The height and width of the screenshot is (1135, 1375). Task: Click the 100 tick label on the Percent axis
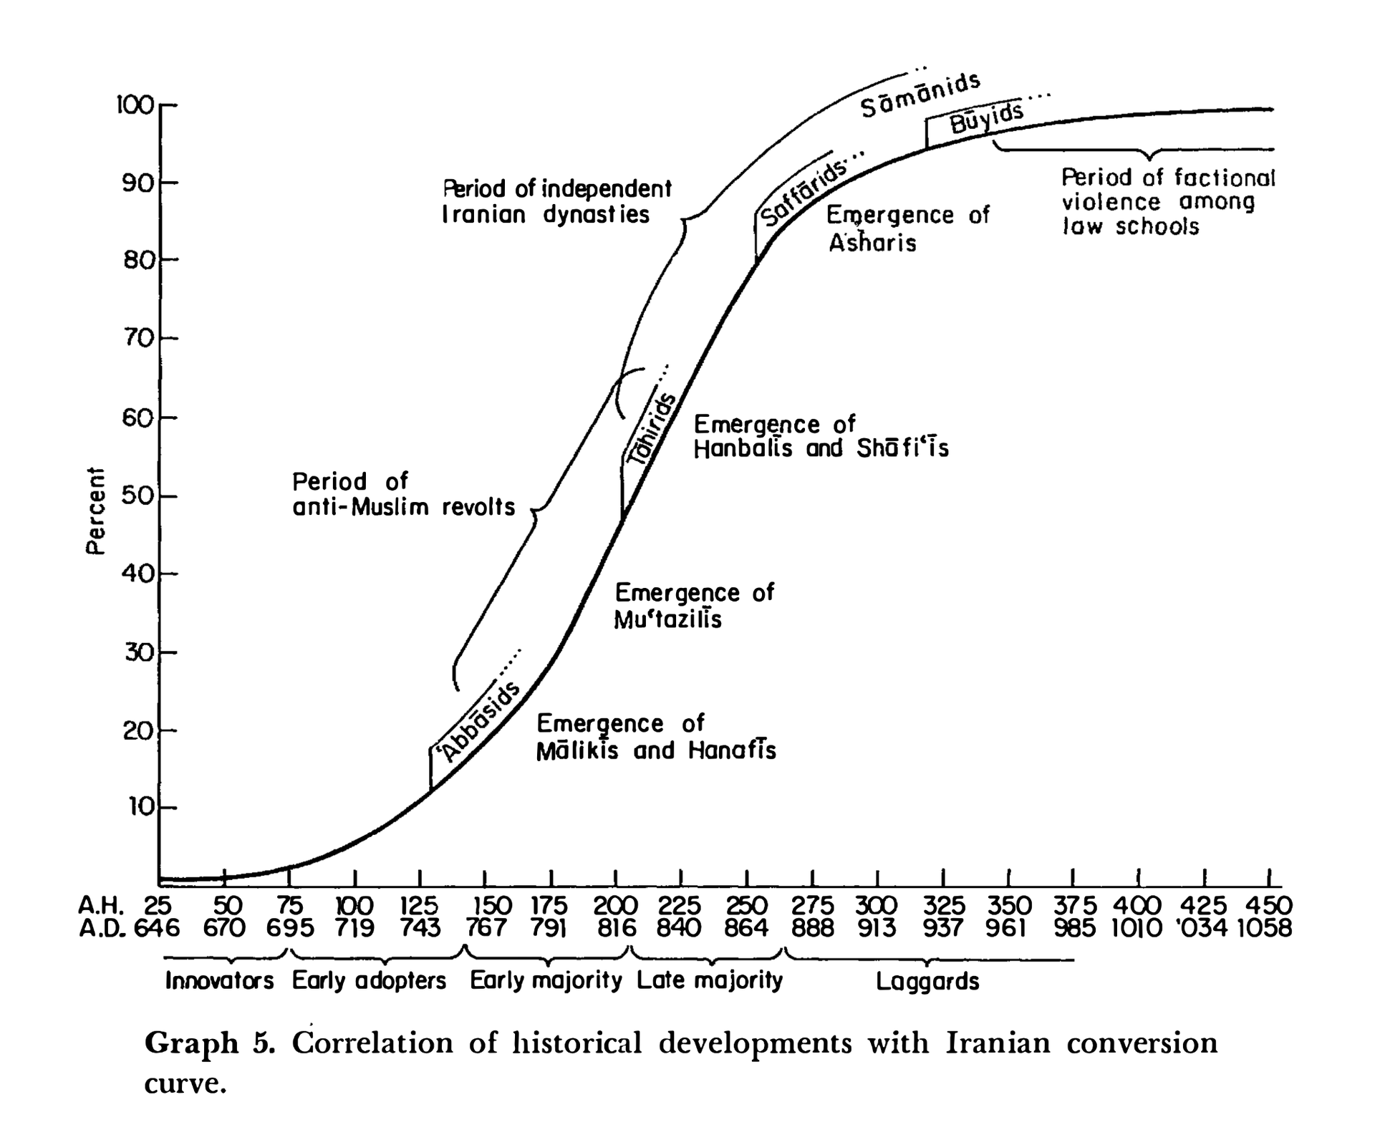click(135, 106)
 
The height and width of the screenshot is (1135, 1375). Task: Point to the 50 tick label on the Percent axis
click(137, 496)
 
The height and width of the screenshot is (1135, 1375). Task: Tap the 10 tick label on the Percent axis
click(141, 807)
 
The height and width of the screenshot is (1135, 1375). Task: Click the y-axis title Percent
click(95, 510)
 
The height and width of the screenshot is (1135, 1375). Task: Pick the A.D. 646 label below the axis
click(156, 928)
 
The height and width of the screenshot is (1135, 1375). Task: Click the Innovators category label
click(219, 980)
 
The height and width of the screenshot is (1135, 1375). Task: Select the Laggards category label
click(927, 982)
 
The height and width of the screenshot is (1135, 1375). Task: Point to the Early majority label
click(546, 981)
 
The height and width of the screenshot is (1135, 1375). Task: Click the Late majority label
click(710, 980)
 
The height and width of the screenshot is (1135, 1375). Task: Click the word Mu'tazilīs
click(667, 619)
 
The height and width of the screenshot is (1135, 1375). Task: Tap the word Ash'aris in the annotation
click(872, 242)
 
